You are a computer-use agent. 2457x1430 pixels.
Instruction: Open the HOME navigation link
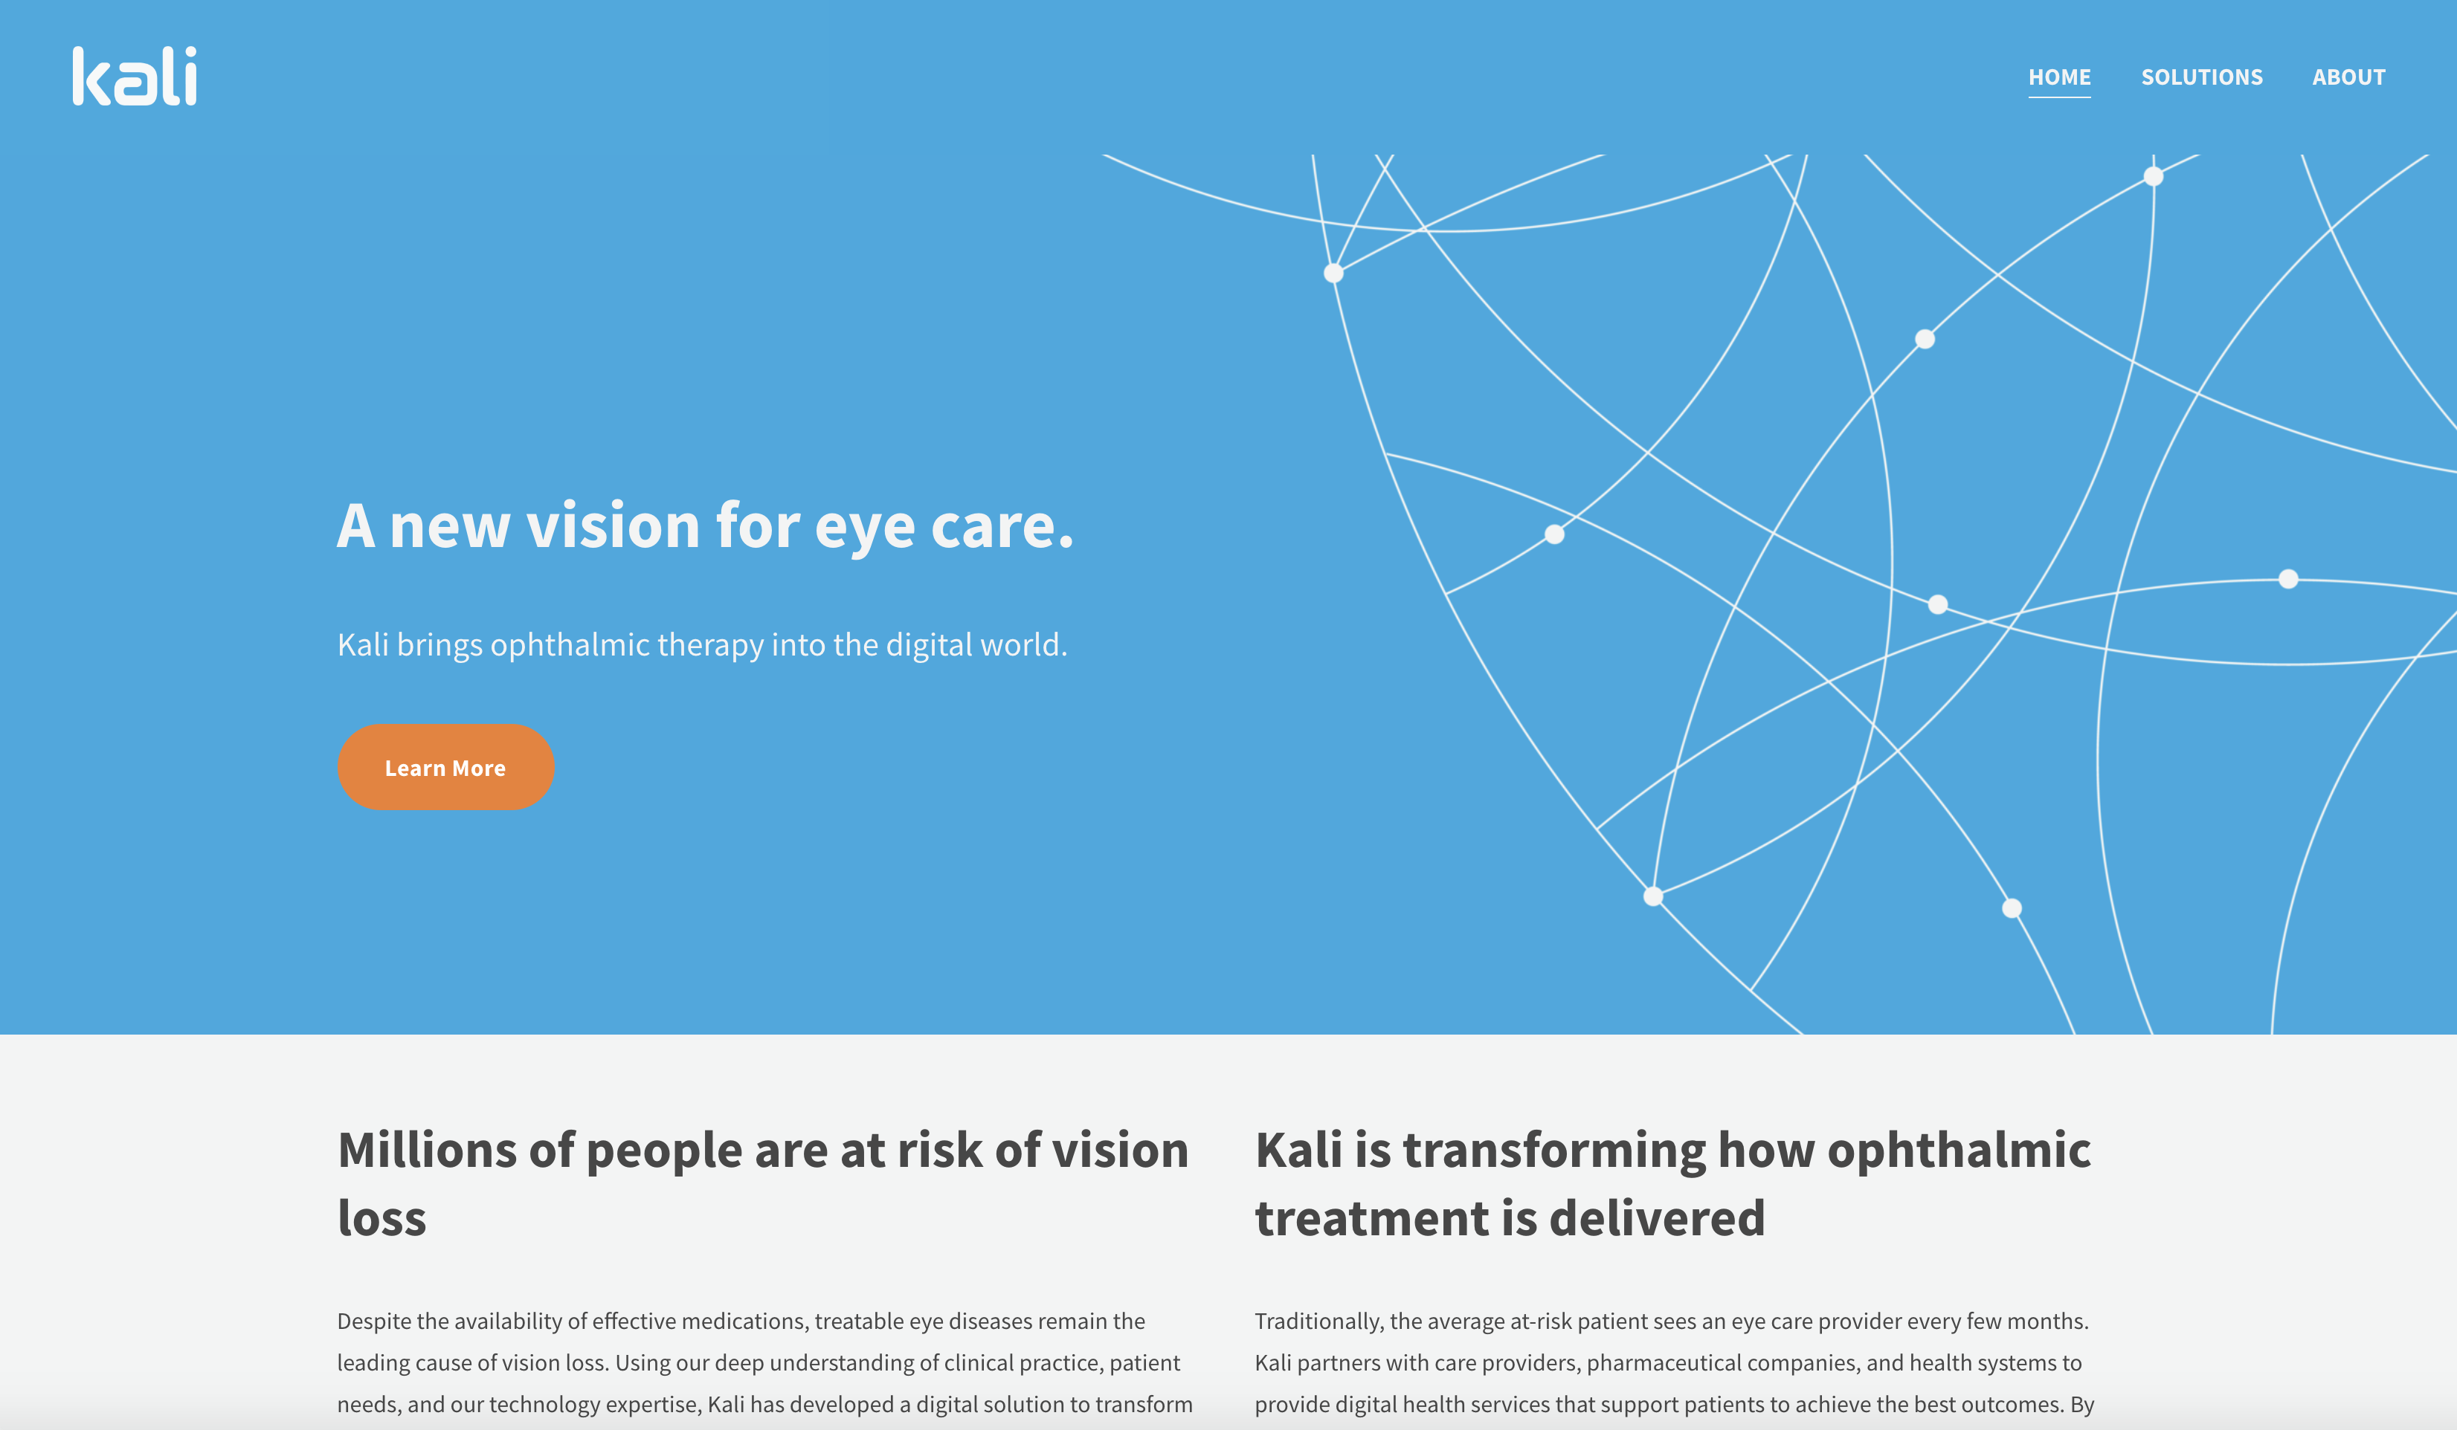tap(2059, 77)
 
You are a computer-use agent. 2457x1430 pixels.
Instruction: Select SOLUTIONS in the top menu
tap(2201, 77)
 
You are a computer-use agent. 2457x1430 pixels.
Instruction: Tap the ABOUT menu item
tap(2348, 77)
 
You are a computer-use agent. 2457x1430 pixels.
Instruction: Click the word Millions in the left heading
tap(426, 1151)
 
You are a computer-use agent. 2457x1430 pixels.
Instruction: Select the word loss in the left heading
tap(382, 1218)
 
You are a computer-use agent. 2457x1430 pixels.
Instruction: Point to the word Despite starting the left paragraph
tap(373, 1321)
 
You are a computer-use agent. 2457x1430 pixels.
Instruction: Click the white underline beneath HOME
tap(2059, 97)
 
